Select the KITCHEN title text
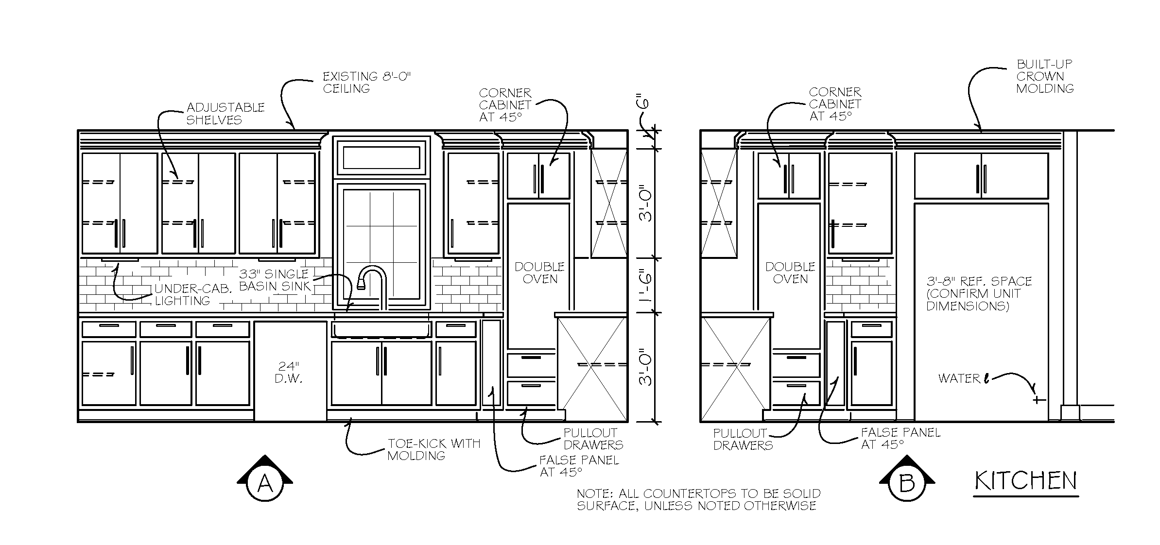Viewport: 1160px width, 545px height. click(x=1026, y=480)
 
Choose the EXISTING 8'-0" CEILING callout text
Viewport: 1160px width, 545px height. click(x=366, y=83)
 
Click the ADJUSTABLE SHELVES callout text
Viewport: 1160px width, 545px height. click(x=225, y=114)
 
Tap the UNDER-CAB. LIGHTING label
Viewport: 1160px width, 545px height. click(x=193, y=295)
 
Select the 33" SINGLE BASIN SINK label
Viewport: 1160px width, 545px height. click(x=275, y=280)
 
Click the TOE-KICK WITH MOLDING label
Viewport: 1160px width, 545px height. click(x=433, y=449)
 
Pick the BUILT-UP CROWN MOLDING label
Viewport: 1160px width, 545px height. click(x=1045, y=76)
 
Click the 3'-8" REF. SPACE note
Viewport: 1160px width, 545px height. click(x=979, y=293)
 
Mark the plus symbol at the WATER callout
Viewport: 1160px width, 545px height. click(x=1039, y=400)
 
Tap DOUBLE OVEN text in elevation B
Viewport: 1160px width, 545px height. click(x=790, y=273)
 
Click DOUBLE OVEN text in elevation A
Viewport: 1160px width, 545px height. click(x=539, y=273)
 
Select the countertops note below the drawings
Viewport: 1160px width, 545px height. click(x=698, y=499)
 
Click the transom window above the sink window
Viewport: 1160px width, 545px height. click(x=381, y=157)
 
